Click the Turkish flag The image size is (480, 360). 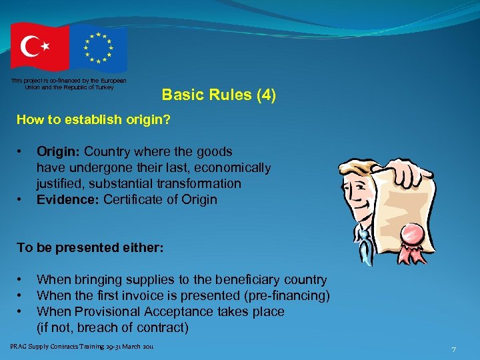click(39, 47)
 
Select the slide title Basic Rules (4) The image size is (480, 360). click(219, 95)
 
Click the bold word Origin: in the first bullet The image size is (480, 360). click(59, 151)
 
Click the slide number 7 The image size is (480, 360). click(453, 349)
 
